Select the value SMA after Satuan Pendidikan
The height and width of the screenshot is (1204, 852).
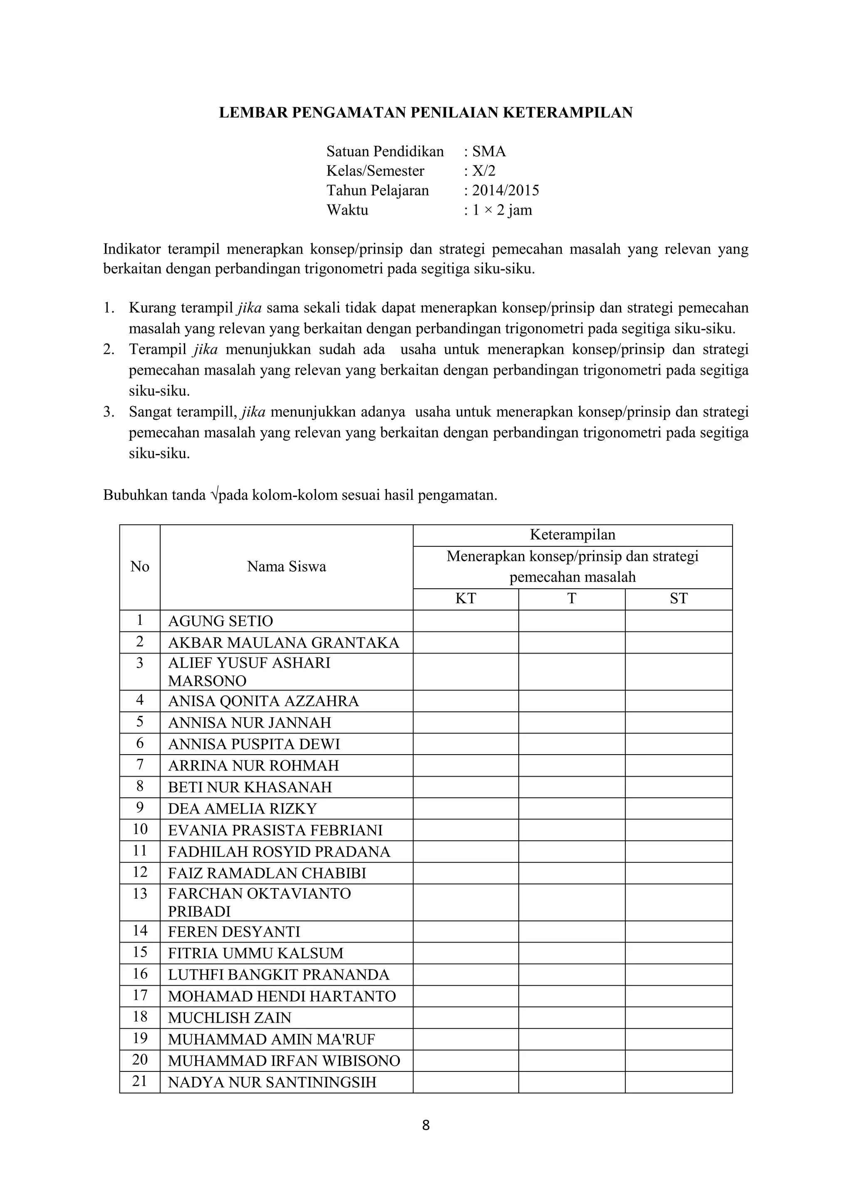tap(489, 152)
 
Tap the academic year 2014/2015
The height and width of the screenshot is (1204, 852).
tap(505, 190)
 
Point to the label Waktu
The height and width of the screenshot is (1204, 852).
tap(347, 210)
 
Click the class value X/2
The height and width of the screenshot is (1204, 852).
tap(484, 171)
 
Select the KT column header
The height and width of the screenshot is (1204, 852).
tap(466, 599)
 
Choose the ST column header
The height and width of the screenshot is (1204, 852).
tap(679, 599)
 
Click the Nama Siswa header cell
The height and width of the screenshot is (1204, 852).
tap(287, 567)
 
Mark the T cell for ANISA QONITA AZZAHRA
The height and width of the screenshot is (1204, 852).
tap(571, 701)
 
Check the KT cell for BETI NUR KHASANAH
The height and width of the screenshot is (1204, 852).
tap(466, 787)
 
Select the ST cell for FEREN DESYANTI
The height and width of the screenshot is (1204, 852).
tap(679, 932)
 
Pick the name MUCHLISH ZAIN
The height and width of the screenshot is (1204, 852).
tap(229, 1018)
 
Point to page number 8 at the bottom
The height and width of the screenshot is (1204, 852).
tap(426, 1125)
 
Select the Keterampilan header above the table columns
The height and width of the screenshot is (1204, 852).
tap(572, 535)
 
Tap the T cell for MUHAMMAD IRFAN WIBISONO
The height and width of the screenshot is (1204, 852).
tap(571, 1061)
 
